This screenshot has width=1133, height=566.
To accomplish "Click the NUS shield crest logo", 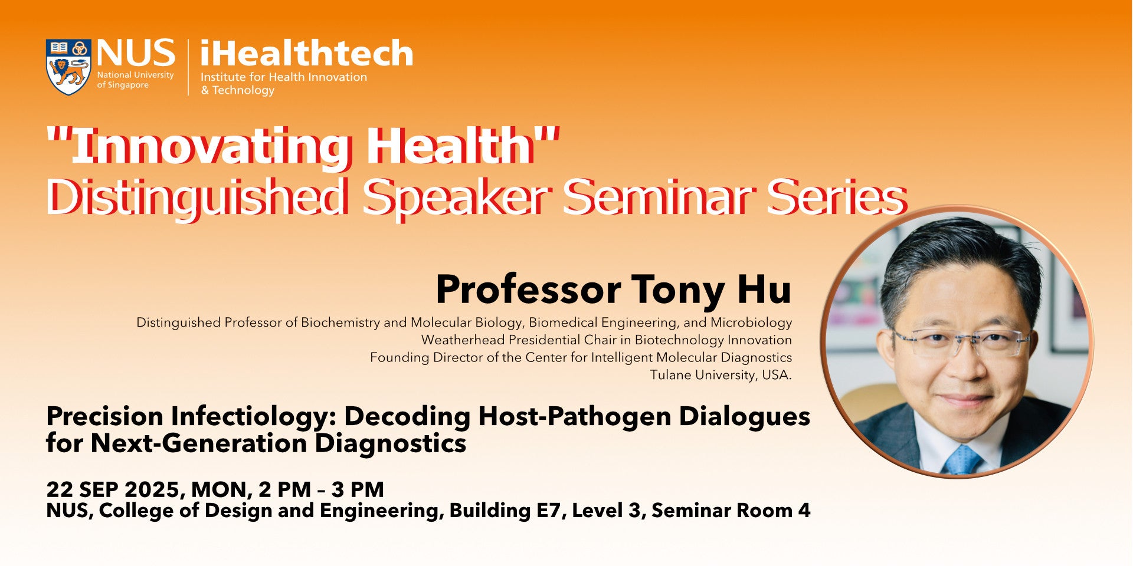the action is [x=68, y=67].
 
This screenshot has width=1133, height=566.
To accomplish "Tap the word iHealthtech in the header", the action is [x=306, y=53].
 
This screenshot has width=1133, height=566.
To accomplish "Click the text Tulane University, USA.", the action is [x=721, y=375].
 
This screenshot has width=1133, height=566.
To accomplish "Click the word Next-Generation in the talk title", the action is [x=198, y=443].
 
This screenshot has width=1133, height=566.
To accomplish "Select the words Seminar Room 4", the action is [x=731, y=511].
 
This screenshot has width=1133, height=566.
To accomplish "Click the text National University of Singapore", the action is [x=135, y=80].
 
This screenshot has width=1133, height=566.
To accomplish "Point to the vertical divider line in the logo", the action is [x=188, y=67].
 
